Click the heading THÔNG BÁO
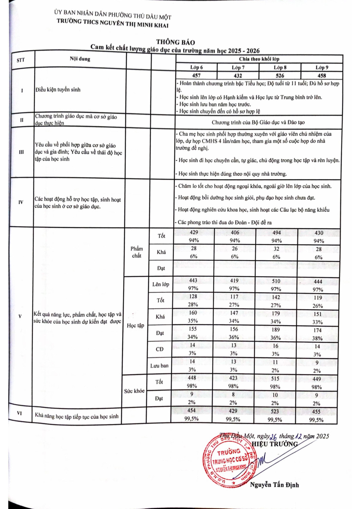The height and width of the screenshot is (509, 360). click(175, 42)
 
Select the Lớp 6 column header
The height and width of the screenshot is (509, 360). click(196, 68)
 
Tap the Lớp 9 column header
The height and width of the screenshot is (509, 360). click(322, 68)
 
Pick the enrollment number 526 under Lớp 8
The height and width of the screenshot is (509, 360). click(280, 75)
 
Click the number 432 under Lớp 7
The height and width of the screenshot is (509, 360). click(238, 75)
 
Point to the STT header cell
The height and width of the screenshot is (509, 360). click(21, 60)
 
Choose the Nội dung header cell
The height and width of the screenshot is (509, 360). click(80, 59)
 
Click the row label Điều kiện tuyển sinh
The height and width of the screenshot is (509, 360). click(58, 90)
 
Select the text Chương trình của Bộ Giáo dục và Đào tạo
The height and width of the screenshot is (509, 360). click(258, 122)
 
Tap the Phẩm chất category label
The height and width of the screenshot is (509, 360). click(137, 252)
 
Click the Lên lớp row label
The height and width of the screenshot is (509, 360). click(161, 284)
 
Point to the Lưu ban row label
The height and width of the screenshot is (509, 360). click(159, 365)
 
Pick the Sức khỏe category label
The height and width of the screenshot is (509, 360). click(134, 391)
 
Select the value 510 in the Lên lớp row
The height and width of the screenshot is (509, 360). click(276, 281)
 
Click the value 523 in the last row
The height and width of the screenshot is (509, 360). click(275, 411)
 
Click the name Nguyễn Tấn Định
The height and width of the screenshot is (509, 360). click(274, 485)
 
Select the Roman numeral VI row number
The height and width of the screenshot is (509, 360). click(19, 413)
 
